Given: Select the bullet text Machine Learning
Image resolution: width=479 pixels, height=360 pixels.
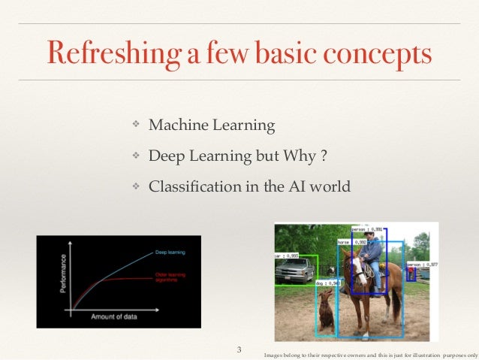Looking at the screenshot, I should pyautogui.click(x=212, y=124).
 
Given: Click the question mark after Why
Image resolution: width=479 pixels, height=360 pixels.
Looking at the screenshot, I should pyautogui.click(x=323, y=155).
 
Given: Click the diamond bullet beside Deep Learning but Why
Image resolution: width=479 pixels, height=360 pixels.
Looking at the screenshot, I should pyautogui.click(x=137, y=156).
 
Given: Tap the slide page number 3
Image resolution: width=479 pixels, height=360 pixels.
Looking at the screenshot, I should pyautogui.click(x=239, y=349).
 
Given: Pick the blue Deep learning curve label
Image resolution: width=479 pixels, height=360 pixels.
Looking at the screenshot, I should pyautogui.click(x=170, y=252).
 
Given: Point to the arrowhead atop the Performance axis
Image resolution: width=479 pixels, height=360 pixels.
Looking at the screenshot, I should pyautogui.click(x=71, y=241).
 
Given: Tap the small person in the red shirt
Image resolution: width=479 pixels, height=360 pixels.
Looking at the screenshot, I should pyautogui.click(x=411, y=274).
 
